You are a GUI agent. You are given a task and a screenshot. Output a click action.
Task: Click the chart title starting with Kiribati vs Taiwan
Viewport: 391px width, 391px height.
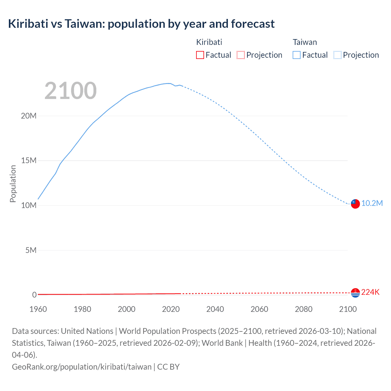[x=141, y=24]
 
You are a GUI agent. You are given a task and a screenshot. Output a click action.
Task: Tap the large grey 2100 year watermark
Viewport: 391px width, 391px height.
[x=71, y=91]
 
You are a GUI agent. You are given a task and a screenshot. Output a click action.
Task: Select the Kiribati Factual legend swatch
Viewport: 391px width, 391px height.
[x=200, y=55]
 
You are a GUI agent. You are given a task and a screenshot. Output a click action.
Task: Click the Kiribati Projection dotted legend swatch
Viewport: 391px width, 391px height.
[x=241, y=55]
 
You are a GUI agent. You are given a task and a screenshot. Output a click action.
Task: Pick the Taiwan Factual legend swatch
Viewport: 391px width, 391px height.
[x=296, y=55]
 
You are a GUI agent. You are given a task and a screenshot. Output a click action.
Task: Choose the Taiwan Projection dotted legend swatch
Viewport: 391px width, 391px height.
[x=337, y=55]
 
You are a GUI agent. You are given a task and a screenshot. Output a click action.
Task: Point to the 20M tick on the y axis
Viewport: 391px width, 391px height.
[x=29, y=116]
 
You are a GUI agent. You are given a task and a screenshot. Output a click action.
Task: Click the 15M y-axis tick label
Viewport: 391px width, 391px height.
[x=29, y=161]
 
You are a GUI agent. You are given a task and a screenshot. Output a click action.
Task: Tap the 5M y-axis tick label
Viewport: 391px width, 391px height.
[x=31, y=250]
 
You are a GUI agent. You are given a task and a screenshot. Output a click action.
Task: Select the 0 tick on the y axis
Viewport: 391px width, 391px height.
[x=34, y=295]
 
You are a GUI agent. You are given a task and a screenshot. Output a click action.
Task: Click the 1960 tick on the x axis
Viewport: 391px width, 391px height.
[x=38, y=309]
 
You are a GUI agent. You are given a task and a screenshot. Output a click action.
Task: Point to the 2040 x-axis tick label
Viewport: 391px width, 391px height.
[x=215, y=309]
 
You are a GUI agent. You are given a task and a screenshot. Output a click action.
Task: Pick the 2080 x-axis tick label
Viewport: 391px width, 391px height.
[x=304, y=309]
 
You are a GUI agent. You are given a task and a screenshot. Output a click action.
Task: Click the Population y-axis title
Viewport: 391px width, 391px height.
[x=13, y=184]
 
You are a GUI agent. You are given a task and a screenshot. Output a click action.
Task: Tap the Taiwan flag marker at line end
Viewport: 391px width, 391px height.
[x=355, y=204]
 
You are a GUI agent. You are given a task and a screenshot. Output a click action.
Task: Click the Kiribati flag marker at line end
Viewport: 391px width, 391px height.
[x=355, y=293]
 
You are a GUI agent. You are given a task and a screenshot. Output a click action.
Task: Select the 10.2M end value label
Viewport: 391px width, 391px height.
[x=372, y=203]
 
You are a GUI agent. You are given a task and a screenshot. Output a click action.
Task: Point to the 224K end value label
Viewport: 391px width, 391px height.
[x=370, y=292]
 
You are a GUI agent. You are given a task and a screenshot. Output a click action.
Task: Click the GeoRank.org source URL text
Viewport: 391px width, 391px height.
[x=82, y=367]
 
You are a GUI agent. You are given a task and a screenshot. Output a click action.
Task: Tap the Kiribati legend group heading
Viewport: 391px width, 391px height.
[x=209, y=42]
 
